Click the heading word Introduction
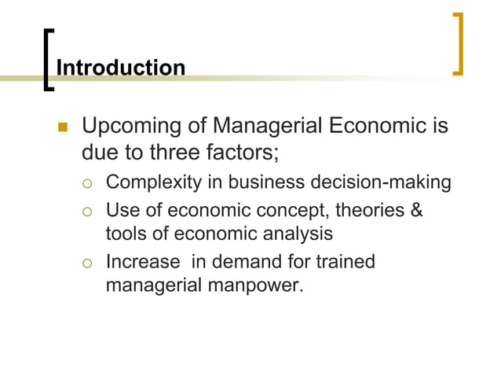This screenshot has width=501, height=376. pyautogui.click(x=121, y=68)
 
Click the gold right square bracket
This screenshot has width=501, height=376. pyautogui.click(x=459, y=44)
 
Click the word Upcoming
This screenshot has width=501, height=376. pyautogui.click(x=123, y=126)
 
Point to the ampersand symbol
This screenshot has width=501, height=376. pyautogui.click(x=415, y=209)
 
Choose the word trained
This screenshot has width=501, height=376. pyautogui.click(x=343, y=261)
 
